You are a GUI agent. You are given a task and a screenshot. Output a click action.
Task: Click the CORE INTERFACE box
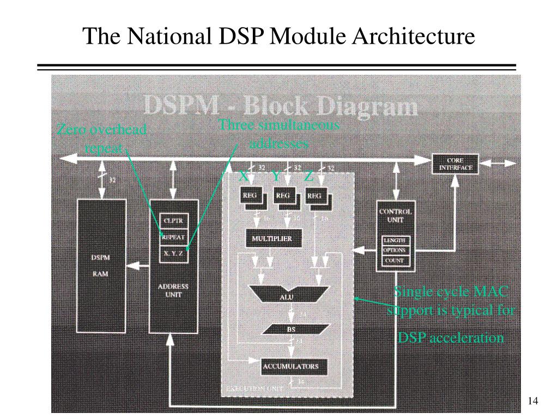coord(456,164)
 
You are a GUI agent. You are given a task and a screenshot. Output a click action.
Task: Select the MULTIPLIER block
coord(271,239)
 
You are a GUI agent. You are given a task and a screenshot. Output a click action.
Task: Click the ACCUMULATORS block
coord(290,366)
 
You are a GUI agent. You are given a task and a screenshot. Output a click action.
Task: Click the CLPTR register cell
coord(173,221)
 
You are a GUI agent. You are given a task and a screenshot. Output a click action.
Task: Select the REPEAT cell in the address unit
coord(173,237)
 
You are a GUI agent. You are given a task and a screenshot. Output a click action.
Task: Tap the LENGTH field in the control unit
coord(395,241)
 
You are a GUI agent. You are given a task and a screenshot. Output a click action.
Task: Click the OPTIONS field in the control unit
coord(395,250)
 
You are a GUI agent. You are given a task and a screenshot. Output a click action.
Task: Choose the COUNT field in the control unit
coord(395,261)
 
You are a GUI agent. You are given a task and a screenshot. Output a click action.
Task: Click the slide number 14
coord(533,402)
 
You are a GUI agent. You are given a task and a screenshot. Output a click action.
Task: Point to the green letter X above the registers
coord(244,176)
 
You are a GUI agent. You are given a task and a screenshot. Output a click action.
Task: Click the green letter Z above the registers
coord(308,176)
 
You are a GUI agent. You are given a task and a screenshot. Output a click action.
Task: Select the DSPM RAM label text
coord(100,265)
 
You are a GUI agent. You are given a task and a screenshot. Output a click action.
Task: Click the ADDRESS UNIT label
coord(173,290)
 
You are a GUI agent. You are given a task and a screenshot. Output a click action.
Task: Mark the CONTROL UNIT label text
coord(395,215)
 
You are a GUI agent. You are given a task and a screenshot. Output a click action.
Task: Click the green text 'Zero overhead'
coord(102,130)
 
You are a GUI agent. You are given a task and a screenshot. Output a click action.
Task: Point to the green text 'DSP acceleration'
coord(451,338)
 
